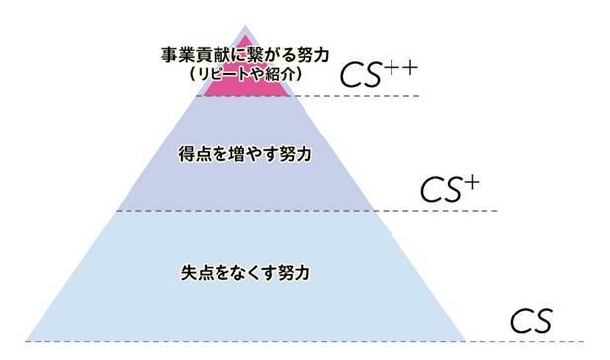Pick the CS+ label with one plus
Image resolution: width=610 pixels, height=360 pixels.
pyautogui.click(x=449, y=188)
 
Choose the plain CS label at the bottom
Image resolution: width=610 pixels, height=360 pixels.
pyautogui.click(x=531, y=321)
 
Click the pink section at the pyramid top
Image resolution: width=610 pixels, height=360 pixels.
pyautogui.click(x=245, y=87)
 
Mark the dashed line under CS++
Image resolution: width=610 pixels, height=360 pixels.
pyautogui.click(x=356, y=96)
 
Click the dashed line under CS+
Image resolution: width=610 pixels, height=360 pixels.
pyautogui.click(x=435, y=210)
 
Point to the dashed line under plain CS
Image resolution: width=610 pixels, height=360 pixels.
pyautogui.click(x=534, y=341)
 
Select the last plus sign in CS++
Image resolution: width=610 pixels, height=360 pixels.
pyautogui.click(x=409, y=66)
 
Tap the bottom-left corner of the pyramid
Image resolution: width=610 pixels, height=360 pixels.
pyautogui.click(x=27, y=340)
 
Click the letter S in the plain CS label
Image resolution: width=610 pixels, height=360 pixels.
pyautogui.click(x=543, y=321)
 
